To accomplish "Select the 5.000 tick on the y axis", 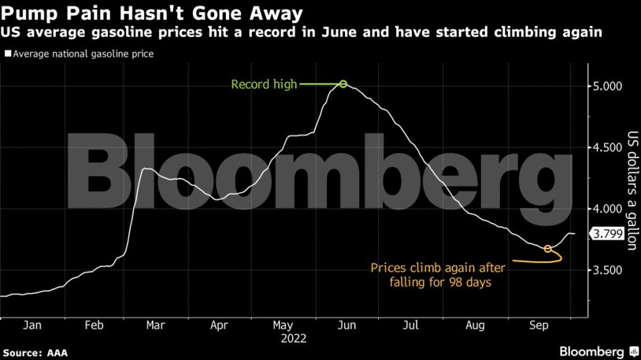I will [x=607, y=86].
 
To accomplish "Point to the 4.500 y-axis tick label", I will [x=607, y=147].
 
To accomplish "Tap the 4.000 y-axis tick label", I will [x=607, y=209].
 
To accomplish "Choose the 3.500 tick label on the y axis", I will [x=607, y=270].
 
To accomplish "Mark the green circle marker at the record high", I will [x=343, y=84].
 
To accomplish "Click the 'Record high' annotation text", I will [x=263, y=84].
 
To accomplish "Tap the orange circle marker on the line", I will [x=547, y=248].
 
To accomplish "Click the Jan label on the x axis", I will [x=32, y=325].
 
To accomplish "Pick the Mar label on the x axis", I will [x=155, y=325].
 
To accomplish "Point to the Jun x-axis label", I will [x=345, y=325].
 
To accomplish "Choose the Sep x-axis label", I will [x=539, y=325].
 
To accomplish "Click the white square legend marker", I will [x=8, y=55].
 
